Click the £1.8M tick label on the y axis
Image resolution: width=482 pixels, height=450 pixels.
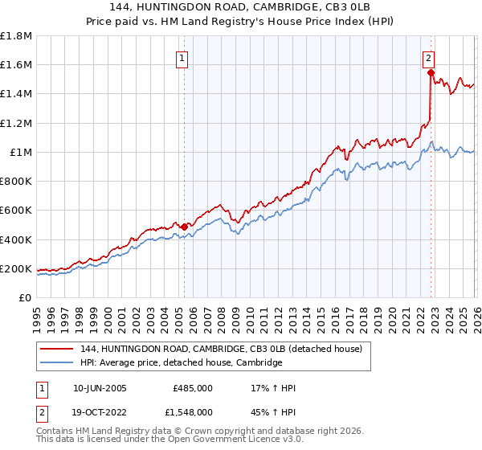[x=16, y=36]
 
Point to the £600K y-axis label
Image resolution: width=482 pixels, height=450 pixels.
[x=16, y=211]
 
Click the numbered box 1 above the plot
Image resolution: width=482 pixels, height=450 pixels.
[x=183, y=59]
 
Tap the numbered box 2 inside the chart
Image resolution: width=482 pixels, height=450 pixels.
[x=429, y=59]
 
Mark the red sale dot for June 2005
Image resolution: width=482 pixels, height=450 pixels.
[x=184, y=227]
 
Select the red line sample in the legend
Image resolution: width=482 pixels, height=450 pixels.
[x=57, y=349]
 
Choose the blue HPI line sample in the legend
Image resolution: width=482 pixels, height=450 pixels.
[x=57, y=362]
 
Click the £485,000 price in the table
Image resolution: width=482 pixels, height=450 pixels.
[x=193, y=388]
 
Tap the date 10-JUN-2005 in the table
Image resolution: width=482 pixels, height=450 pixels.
[x=100, y=388]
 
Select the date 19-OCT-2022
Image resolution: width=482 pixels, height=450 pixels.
[x=100, y=411]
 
